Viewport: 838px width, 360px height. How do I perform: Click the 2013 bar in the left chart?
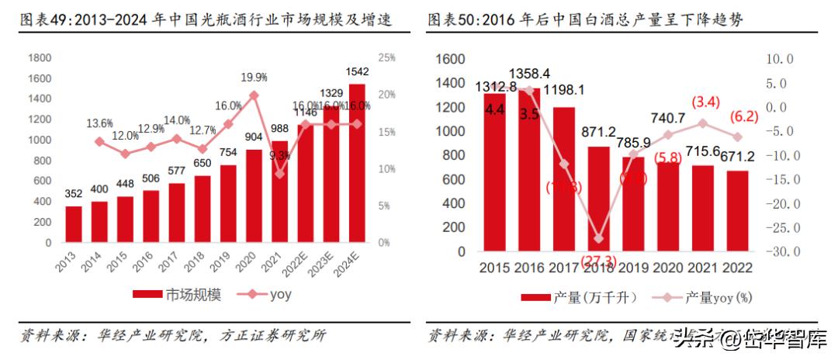(x=74, y=224)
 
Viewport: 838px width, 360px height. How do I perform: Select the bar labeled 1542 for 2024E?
(x=358, y=163)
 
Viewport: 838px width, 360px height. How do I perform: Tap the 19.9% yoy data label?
(x=254, y=78)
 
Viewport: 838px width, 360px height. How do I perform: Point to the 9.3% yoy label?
(x=281, y=155)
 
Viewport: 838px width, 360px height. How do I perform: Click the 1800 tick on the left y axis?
(x=40, y=57)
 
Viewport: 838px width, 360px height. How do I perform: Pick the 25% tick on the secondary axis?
(x=387, y=57)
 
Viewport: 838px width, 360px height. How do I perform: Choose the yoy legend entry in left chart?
(x=268, y=295)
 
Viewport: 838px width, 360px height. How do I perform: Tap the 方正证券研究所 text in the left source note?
(x=271, y=335)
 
